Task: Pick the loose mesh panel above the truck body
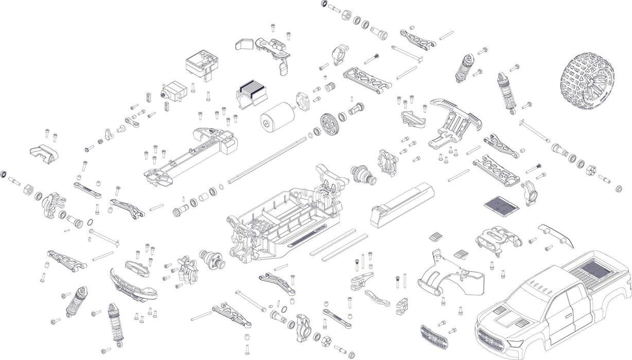(x=500, y=207)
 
